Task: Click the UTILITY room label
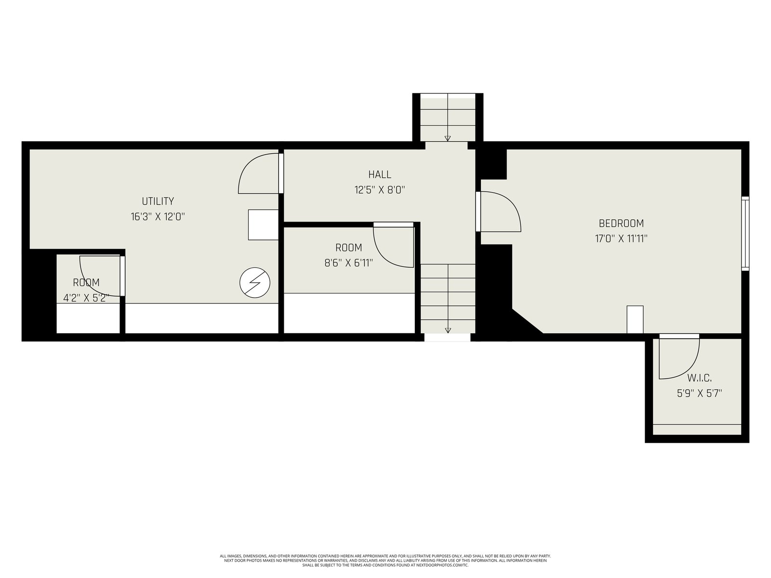158,201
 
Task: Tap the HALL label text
380,174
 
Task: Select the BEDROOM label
621,223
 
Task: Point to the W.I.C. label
699,378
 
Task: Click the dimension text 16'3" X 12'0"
158,217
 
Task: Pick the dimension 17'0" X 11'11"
621,238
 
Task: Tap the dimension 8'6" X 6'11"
348,263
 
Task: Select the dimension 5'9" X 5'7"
699,394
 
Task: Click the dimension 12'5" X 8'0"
380,190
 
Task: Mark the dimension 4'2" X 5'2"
86,298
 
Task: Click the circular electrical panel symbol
254,283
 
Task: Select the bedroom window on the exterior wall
745,234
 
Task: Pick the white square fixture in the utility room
264,225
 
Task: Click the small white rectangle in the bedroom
635,319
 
